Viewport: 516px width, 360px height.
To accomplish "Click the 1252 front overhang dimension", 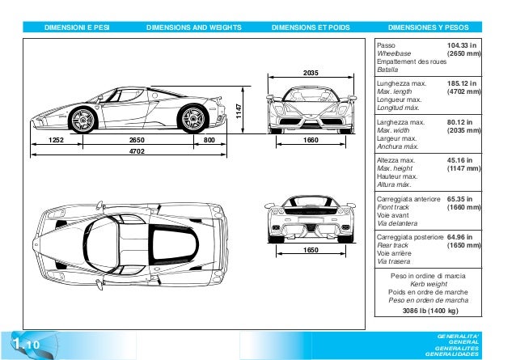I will (x=56, y=140).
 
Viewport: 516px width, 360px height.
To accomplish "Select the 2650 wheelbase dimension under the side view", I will (x=137, y=140).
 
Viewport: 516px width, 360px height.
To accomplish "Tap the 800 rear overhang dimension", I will (x=209, y=140).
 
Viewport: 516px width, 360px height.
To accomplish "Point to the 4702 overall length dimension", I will (x=137, y=151).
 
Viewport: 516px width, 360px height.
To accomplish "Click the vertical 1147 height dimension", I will (x=239, y=114).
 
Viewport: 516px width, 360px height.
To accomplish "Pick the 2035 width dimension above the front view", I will (x=311, y=74).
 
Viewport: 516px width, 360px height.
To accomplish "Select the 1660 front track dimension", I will (x=311, y=140).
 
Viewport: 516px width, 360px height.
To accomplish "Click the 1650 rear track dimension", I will (x=311, y=250).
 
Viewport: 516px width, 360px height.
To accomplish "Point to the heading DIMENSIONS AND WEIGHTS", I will (x=194, y=27).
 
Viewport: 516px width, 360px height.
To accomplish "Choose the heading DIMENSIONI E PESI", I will (x=78, y=27).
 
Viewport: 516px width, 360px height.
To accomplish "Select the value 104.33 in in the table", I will (x=462, y=47).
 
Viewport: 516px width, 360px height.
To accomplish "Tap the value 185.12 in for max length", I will (x=462, y=83).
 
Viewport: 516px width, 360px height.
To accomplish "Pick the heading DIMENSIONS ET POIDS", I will (x=311, y=27).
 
